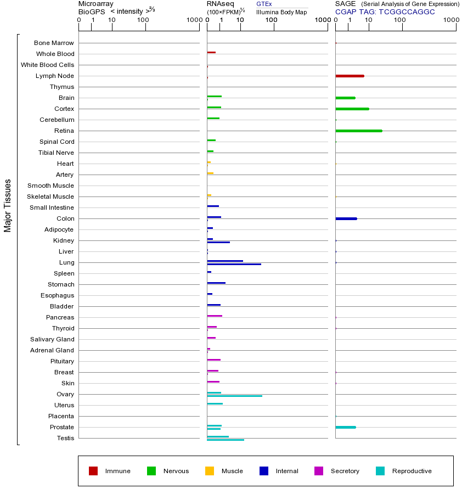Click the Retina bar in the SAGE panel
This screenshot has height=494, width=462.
pos(358,131)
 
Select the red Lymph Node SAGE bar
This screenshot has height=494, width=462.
pos(350,76)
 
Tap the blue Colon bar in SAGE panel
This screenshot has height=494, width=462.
pos(346,218)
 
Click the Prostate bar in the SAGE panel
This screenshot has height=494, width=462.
pos(345,427)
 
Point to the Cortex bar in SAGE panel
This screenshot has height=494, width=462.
pos(352,109)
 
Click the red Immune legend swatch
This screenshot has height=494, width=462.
pos(93,471)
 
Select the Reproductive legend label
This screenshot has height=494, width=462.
pos(412,471)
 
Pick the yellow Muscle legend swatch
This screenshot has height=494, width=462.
pos(210,471)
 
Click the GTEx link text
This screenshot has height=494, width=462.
pos(264,4)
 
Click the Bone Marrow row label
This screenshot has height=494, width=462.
pos(54,43)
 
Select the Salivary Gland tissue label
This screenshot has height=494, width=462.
pos(53,339)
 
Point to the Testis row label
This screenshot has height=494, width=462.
pos(65,438)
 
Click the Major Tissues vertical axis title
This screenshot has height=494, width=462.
pos(8,205)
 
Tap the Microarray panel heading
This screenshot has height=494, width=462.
pos(96,4)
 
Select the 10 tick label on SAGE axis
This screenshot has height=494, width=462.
pos(369,20)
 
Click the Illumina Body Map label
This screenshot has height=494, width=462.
pos(281,12)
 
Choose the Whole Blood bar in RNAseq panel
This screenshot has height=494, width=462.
pos(211,52)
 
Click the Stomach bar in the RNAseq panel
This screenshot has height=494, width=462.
pos(216,283)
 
